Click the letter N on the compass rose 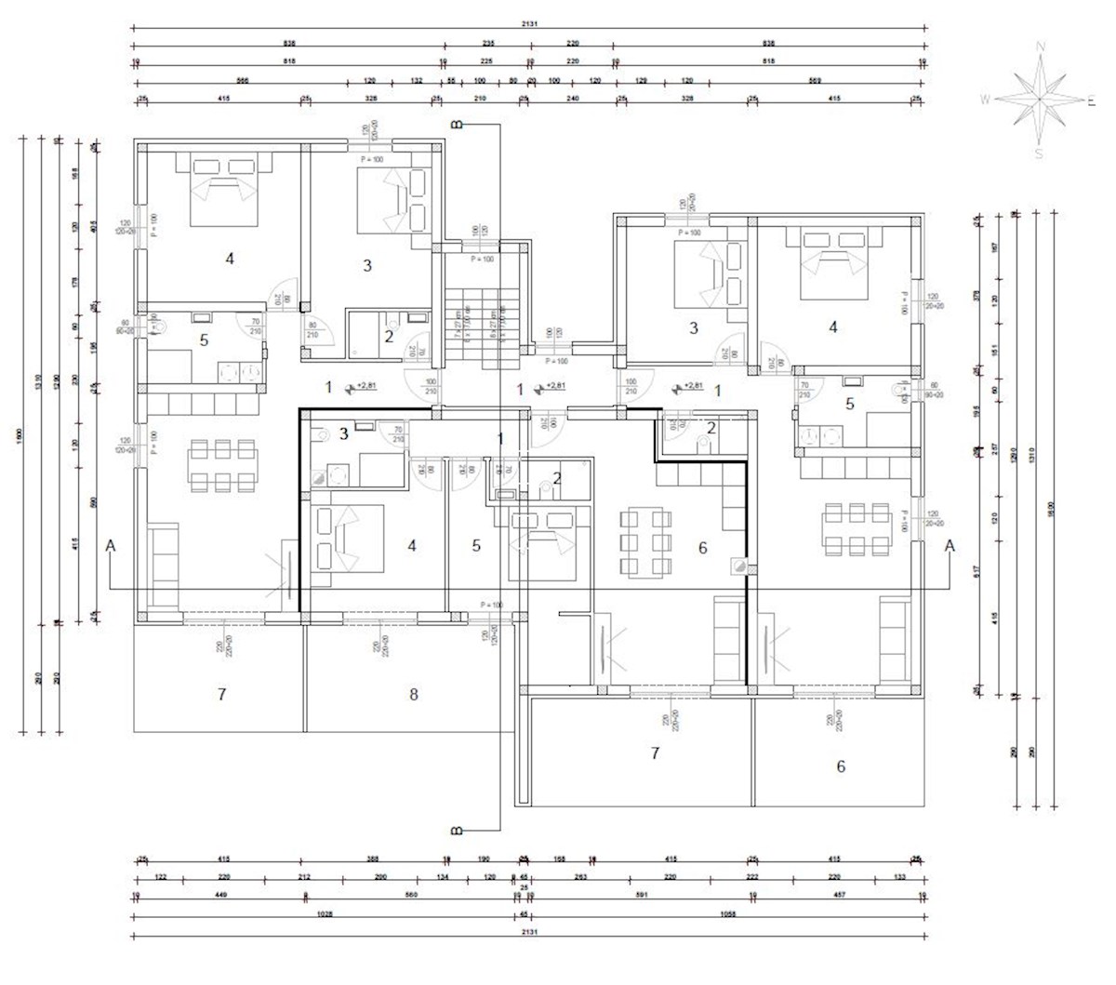coord(1041,46)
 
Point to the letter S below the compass coord(1039,154)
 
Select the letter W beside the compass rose coord(984,100)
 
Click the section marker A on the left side coord(111,546)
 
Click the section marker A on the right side coord(950,546)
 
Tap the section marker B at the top coord(456,124)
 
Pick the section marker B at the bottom coord(456,830)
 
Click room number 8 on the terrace coord(414,694)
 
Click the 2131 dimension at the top coord(530,25)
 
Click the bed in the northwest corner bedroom coord(223,192)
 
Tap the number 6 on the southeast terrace coord(841,766)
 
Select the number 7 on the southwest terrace coord(221,694)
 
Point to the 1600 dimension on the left coord(20,437)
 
